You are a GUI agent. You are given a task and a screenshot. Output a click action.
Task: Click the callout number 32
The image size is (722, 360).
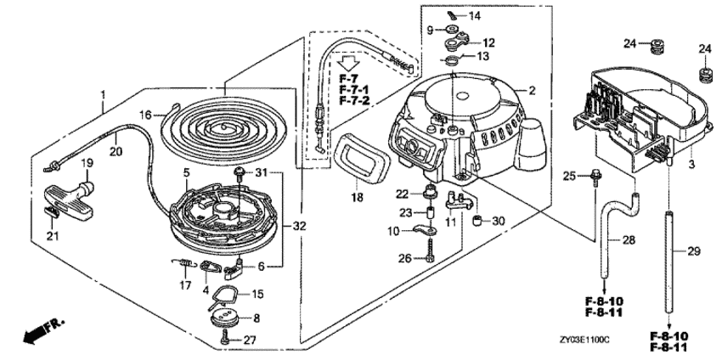(300, 226)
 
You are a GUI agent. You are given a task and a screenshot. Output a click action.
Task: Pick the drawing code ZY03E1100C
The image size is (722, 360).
(584, 340)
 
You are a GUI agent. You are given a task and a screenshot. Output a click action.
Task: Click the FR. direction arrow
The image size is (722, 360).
(43, 330)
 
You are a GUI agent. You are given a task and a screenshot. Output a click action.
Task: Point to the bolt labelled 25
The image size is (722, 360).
(595, 177)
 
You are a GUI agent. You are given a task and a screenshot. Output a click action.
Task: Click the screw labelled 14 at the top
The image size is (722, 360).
(454, 15)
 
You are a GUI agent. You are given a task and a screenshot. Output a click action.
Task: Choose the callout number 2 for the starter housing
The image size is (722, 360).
(533, 91)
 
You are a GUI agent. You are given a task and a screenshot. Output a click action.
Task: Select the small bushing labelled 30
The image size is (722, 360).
(477, 221)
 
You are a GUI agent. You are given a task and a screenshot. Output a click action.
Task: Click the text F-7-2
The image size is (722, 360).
(354, 100)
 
